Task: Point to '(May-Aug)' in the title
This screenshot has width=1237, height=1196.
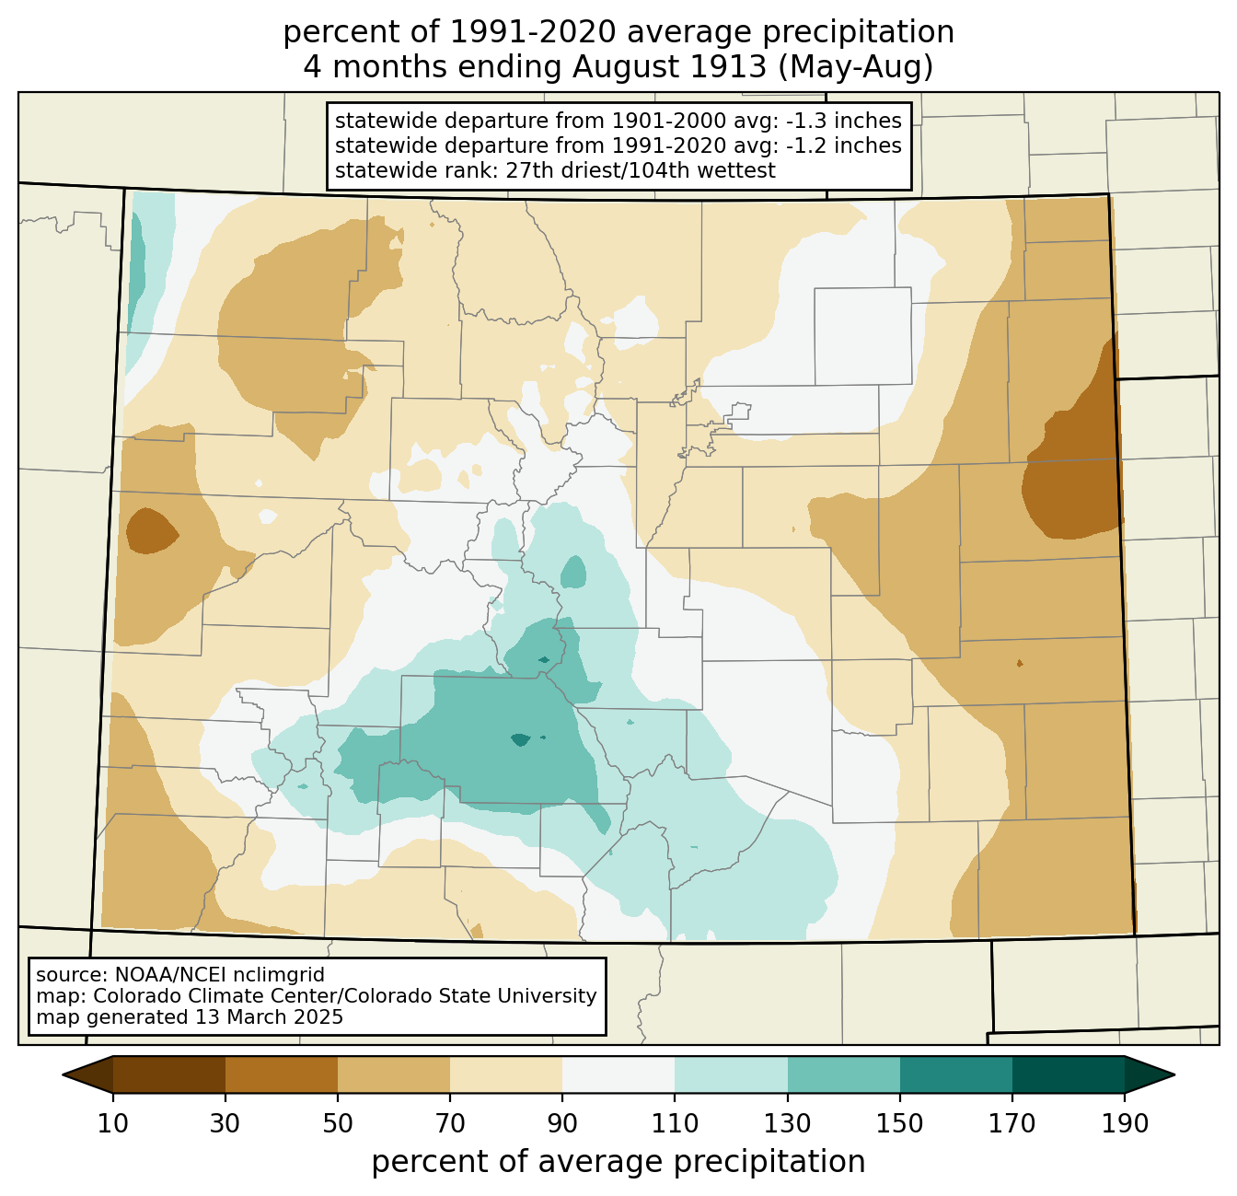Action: click(x=856, y=67)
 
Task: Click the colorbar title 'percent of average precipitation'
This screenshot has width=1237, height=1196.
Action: click(x=618, y=1162)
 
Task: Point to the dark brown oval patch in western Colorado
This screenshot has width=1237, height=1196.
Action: click(x=152, y=531)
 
